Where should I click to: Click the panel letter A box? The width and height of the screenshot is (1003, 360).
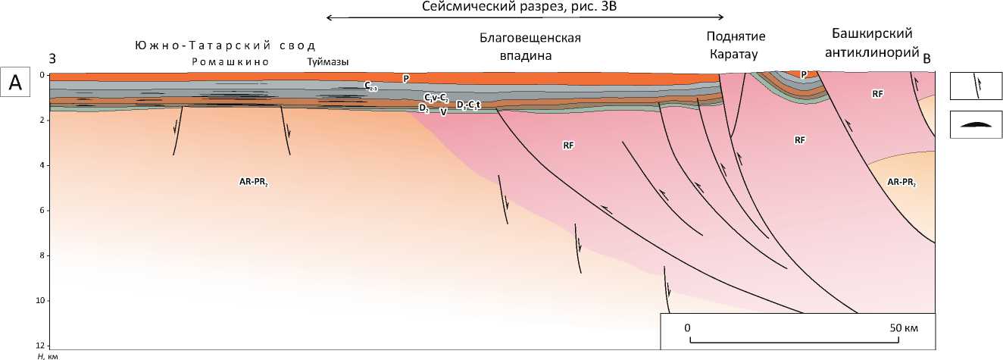[x=15, y=83]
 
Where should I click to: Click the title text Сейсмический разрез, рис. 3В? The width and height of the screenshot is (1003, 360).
[x=525, y=7]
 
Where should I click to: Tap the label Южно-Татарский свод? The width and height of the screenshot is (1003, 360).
[x=224, y=45]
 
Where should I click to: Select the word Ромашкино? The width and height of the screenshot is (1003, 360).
[x=230, y=62]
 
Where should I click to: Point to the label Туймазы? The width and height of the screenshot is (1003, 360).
[x=328, y=62]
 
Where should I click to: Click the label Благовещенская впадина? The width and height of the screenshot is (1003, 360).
[x=535, y=45]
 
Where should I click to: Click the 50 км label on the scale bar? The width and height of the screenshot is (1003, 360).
[x=904, y=328]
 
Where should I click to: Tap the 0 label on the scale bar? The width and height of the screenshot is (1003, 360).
[x=687, y=328]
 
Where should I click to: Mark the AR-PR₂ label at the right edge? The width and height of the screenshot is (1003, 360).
[x=901, y=183]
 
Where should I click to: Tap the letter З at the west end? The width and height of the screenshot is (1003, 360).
[x=53, y=58]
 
